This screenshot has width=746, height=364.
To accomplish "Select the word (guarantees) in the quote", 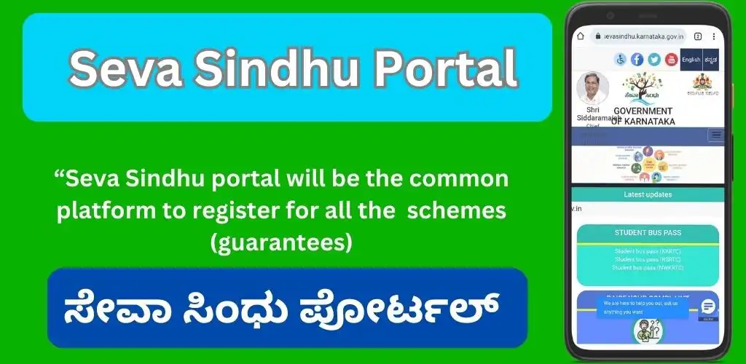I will pyautogui.click(x=281, y=242).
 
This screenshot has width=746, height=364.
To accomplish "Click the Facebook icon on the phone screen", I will pyautogui.click(x=637, y=60).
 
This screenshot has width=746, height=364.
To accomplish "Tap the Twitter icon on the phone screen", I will pyautogui.click(x=653, y=60).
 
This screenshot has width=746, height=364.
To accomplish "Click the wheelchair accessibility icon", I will pyautogui.click(x=621, y=60).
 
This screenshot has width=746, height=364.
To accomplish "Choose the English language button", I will pyautogui.click(x=691, y=60).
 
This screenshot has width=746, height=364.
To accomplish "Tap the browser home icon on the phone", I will pyautogui.click(x=581, y=36).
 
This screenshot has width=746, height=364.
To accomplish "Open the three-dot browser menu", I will pyautogui.click(x=713, y=36).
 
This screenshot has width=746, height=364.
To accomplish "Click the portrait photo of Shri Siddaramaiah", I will pyautogui.click(x=592, y=88).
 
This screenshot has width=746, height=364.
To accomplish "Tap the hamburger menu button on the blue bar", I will pyautogui.click(x=715, y=135).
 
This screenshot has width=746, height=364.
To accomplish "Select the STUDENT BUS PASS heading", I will pyautogui.click(x=647, y=233).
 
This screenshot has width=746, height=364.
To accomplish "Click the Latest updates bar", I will pyautogui.click(x=648, y=194).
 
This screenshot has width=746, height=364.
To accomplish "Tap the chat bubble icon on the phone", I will pyautogui.click(x=707, y=306).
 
